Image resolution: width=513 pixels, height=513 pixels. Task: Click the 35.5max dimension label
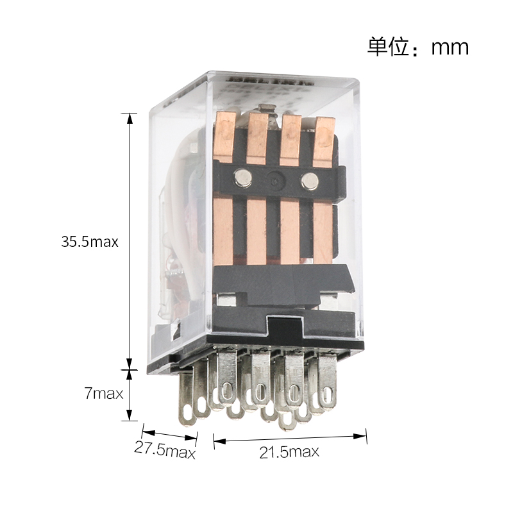point(90,242)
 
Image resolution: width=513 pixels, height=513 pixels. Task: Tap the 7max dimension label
point(104,393)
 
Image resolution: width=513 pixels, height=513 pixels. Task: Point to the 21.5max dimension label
point(289,452)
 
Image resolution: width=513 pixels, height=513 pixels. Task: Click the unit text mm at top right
point(450,47)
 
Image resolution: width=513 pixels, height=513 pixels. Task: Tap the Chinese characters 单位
point(389,47)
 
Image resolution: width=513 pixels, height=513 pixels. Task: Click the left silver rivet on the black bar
point(243,178)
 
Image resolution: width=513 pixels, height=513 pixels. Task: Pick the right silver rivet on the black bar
point(310,181)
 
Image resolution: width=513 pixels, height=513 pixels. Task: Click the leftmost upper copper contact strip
point(225,137)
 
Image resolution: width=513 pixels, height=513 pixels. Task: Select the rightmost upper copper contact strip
point(324,142)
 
